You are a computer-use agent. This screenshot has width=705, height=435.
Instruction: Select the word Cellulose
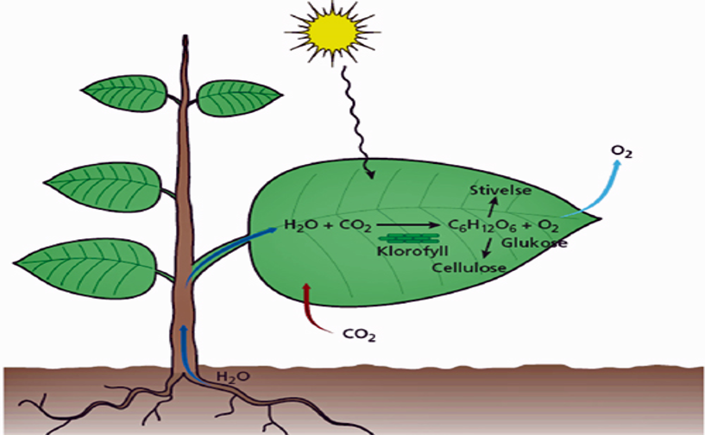click(469, 268)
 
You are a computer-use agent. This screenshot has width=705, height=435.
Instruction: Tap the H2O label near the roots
click(229, 377)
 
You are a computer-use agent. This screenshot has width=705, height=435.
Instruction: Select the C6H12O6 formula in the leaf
click(478, 227)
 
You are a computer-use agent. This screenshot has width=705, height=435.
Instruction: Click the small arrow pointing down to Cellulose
click(486, 249)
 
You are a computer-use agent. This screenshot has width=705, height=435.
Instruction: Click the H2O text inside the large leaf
click(298, 227)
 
